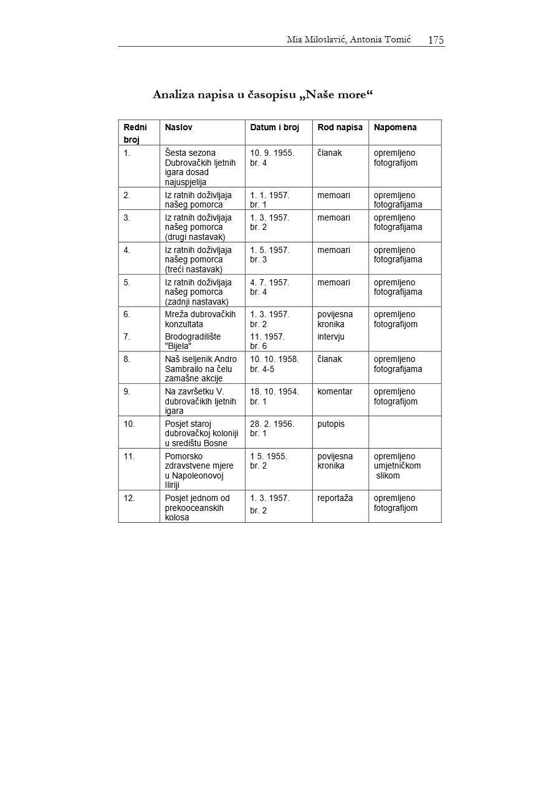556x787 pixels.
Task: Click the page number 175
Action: [436, 41]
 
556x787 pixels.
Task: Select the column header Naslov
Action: [178, 127]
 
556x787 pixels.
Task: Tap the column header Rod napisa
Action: [340, 127]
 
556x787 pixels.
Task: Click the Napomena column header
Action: [395, 127]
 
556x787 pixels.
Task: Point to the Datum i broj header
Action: [274, 127]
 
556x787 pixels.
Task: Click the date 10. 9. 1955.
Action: [272, 153]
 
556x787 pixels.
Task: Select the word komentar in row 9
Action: [335, 391]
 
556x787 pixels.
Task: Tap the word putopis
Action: [331, 424]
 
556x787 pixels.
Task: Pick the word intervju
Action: [331, 336]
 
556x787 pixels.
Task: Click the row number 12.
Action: [129, 498]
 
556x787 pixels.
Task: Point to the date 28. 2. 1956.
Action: [272, 424]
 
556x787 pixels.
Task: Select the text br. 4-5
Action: [262, 369]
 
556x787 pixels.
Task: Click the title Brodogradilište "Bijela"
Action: [193, 341]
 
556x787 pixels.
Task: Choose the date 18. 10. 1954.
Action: [274, 391]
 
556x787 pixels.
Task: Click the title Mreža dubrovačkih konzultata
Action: [200, 319]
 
